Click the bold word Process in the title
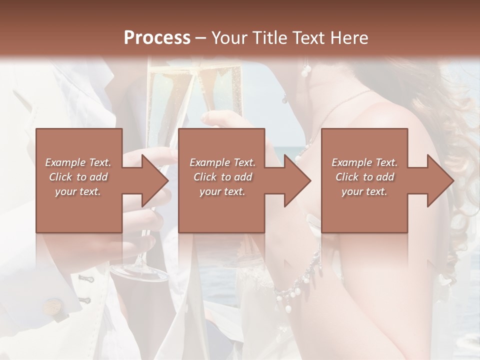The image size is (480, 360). click(x=157, y=37)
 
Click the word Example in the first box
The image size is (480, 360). click(x=65, y=162)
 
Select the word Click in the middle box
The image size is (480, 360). click(x=204, y=177)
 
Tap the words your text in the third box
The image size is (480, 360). click(x=364, y=191)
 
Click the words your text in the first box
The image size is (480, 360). click(x=77, y=191)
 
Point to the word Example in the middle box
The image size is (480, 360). click(x=209, y=162)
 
